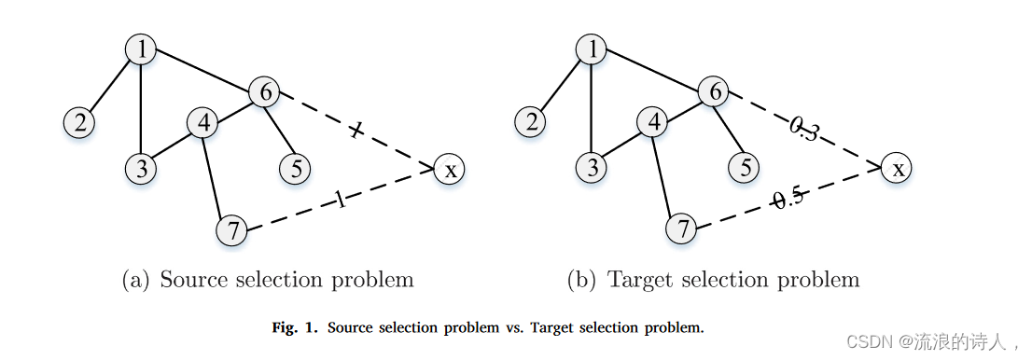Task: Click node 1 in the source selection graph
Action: coord(141,49)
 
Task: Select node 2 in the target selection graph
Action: coord(532,121)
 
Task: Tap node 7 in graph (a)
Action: coord(231,229)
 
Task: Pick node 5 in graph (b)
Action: coord(745,167)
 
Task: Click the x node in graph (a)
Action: coord(450,169)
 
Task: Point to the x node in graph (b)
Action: coord(898,168)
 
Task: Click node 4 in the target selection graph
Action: coord(653,122)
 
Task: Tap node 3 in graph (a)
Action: coord(140,168)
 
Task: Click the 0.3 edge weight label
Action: coord(804,131)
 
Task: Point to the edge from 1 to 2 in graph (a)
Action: coord(110,85)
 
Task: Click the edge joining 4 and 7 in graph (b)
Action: coord(667,175)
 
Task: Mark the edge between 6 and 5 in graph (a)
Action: coord(279,130)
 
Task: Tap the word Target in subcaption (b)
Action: coord(640,279)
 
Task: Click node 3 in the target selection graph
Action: coord(592,168)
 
